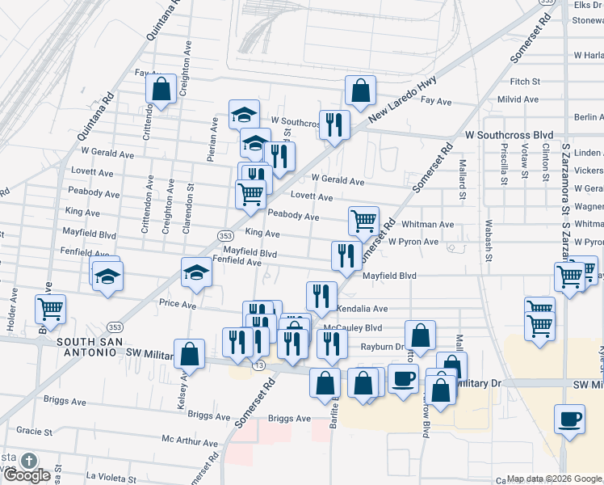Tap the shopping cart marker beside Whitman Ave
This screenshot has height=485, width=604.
pos(363,220)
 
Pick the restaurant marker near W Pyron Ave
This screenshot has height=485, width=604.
pos(346,255)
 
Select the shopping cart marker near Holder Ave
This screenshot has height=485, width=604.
pos(50,309)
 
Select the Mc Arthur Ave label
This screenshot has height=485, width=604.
pos(190,442)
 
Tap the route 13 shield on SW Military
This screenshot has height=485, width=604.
pos(258,365)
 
